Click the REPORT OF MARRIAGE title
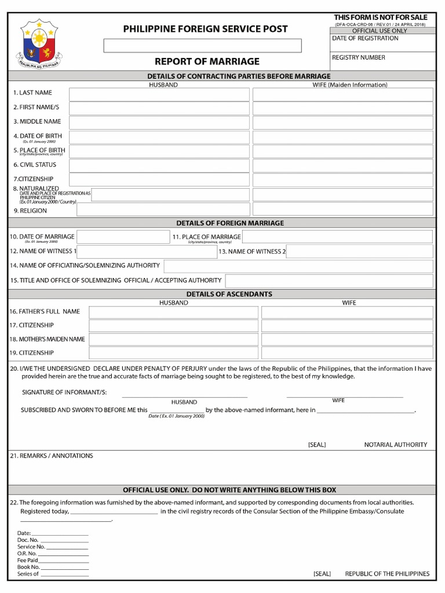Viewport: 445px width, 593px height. pos(207,61)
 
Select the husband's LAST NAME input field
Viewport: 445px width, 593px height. pos(159,94)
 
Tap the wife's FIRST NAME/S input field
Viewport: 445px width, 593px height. pos(342,108)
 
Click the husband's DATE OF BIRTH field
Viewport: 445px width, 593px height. pos(159,137)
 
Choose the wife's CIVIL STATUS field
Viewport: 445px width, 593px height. pos(342,166)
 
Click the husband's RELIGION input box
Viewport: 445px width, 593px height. pos(163,210)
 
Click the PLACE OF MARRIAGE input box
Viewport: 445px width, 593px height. pos(337,237)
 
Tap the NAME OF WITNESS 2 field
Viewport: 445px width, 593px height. pos(359,251)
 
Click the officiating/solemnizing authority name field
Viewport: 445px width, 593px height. pos(298,266)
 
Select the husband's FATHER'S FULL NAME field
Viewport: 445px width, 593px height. pos(173,312)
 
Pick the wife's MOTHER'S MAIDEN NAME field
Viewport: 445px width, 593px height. pos(346,339)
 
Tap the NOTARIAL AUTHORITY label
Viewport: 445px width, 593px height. pos(395,445)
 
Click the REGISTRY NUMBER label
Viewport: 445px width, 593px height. pos(358,58)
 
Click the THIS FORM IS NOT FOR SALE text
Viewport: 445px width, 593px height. pos(380,17)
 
